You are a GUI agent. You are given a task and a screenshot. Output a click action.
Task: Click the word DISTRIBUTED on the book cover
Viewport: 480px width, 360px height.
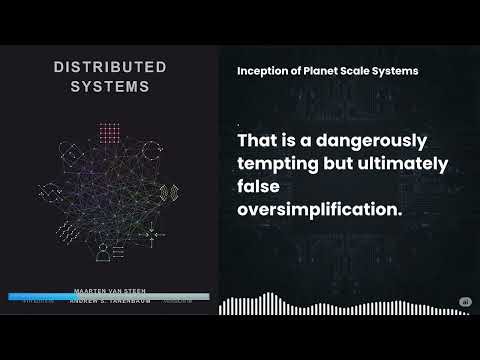click(110, 67)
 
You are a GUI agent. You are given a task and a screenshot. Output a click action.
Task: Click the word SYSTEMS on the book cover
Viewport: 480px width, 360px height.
click(110, 86)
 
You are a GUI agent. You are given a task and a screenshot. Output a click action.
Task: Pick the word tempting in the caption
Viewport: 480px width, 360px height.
click(279, 162)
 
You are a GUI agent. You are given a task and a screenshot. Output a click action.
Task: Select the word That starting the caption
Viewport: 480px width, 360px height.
click(261, 139)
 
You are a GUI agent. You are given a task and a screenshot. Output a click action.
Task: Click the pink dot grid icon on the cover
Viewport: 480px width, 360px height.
click(110, 134)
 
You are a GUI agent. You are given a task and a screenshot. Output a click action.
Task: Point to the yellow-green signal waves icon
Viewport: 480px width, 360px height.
click(172, 190)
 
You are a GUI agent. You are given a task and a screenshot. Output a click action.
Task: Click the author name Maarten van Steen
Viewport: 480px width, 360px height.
click(110, 290)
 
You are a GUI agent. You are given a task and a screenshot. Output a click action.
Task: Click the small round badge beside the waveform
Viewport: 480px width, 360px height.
click(464, 302)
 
